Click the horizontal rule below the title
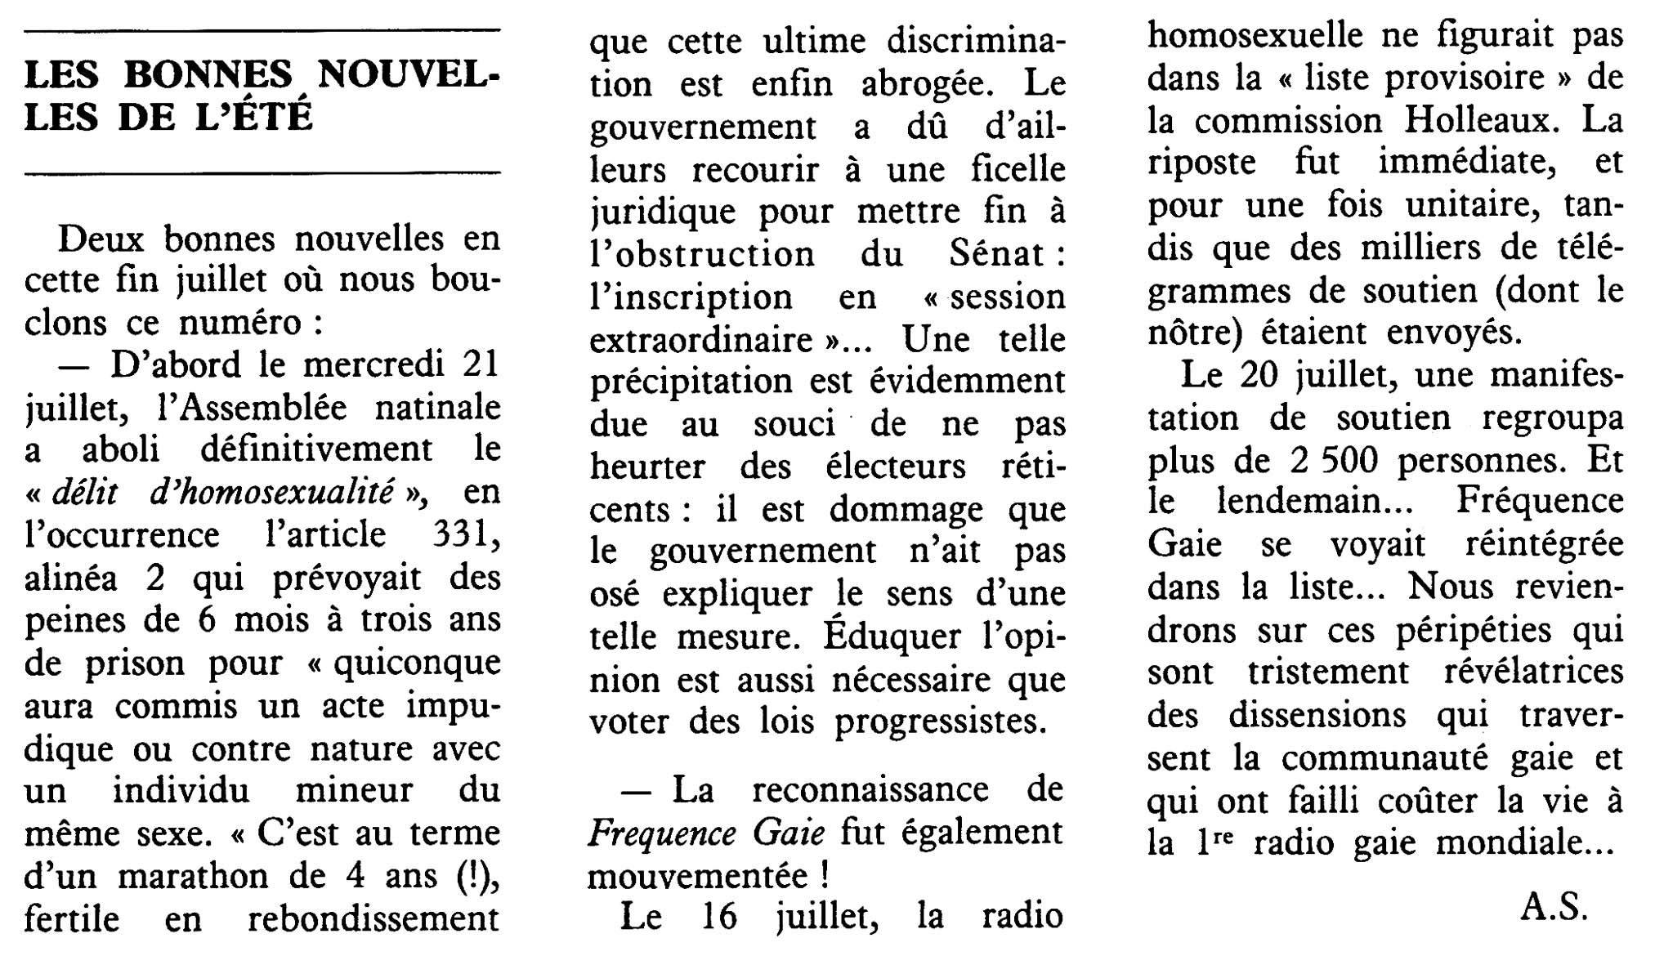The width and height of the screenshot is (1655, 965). [x=262, y=173]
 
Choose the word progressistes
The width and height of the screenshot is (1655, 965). [x=940, y=722]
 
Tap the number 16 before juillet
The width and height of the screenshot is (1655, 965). [x=719, y=917]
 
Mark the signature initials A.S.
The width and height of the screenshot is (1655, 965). [x=1554, y=908]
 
